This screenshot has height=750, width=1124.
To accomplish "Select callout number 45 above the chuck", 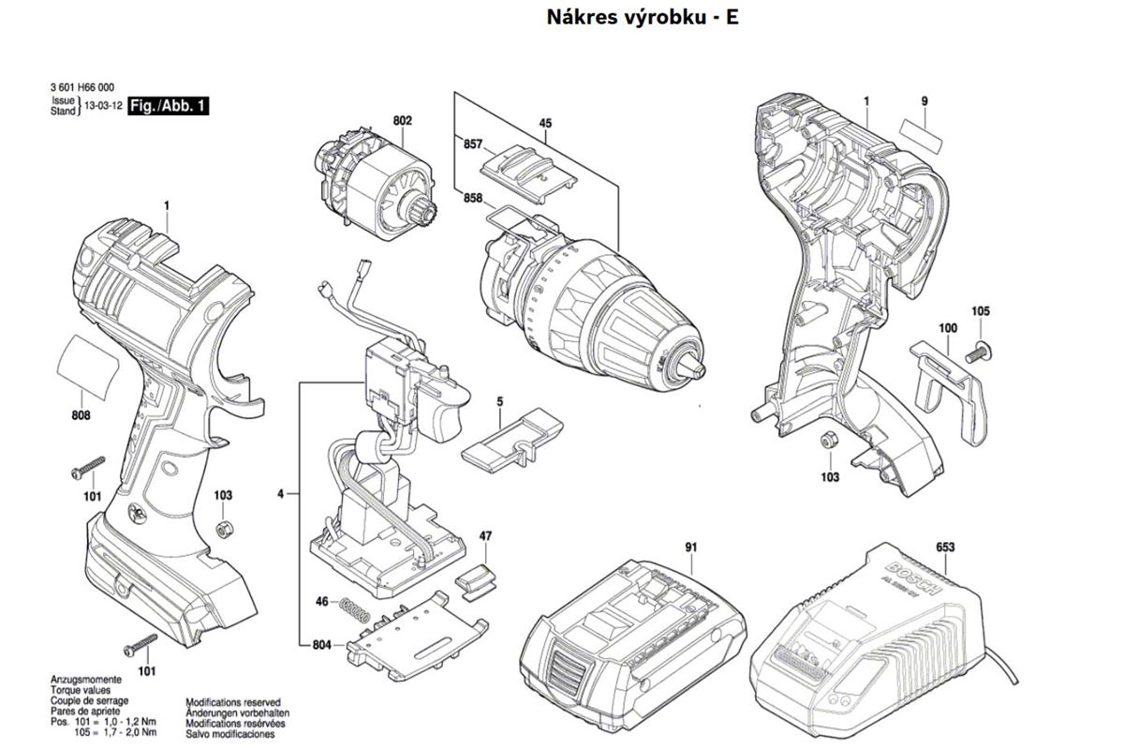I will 545,123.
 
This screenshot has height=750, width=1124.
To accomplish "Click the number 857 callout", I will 472,144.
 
